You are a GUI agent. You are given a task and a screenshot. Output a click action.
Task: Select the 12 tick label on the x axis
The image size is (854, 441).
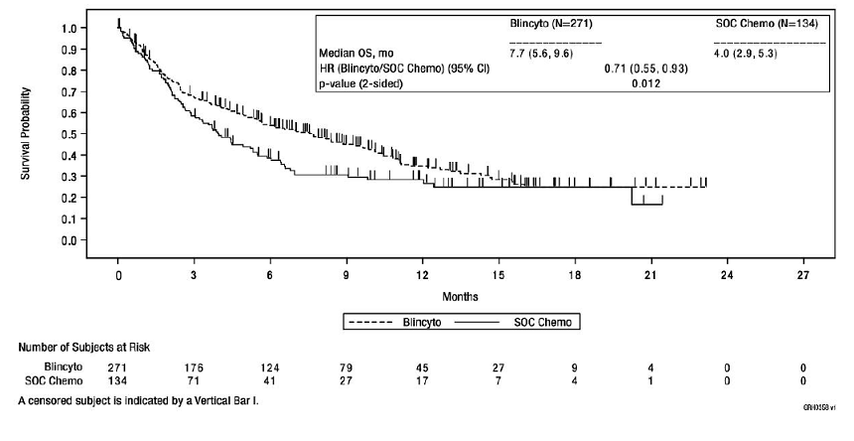tap(422, 274)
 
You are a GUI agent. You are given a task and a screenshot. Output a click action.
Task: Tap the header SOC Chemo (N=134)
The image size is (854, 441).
tap(768, 22)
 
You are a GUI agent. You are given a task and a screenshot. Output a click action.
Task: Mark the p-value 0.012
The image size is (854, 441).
tap(646, 83)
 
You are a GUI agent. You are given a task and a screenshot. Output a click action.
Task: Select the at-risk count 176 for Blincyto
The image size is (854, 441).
tap(194, 367)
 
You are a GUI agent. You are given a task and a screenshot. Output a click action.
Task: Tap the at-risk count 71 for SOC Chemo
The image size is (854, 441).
tap(194, 380)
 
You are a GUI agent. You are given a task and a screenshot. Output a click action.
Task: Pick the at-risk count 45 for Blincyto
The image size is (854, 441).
tap(422, 367)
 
